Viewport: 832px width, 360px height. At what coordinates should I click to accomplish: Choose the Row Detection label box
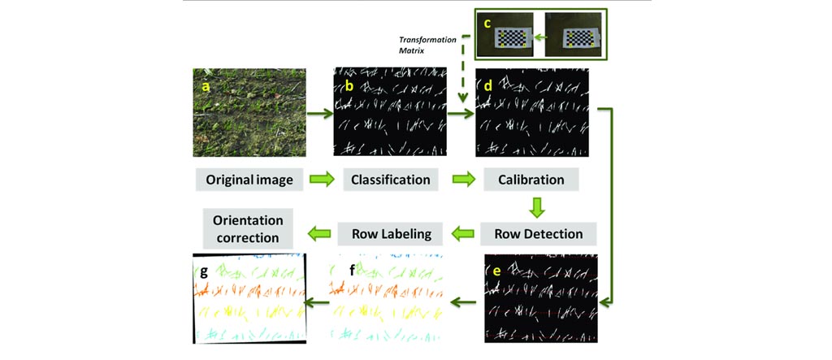pyautogui.click(x=538, y=234)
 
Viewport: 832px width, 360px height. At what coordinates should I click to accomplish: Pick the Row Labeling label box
pyautogui.click(x=391, y=234)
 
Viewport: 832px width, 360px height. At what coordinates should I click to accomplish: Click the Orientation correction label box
pyautogui.click(x=248, y=229)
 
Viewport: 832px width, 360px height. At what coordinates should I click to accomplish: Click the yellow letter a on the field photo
pyautogui.click(x=206, y=84)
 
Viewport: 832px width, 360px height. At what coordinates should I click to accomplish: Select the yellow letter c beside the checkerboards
pyautogui.click(x=487, y=23)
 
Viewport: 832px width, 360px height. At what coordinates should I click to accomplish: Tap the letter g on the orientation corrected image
pyautogui.click(x=206, y=269)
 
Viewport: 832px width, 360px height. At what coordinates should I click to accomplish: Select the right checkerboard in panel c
pyautogui.click(x=577, y=37)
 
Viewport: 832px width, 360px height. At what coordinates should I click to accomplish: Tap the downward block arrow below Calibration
pyautogui.click(x=536, y=207)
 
